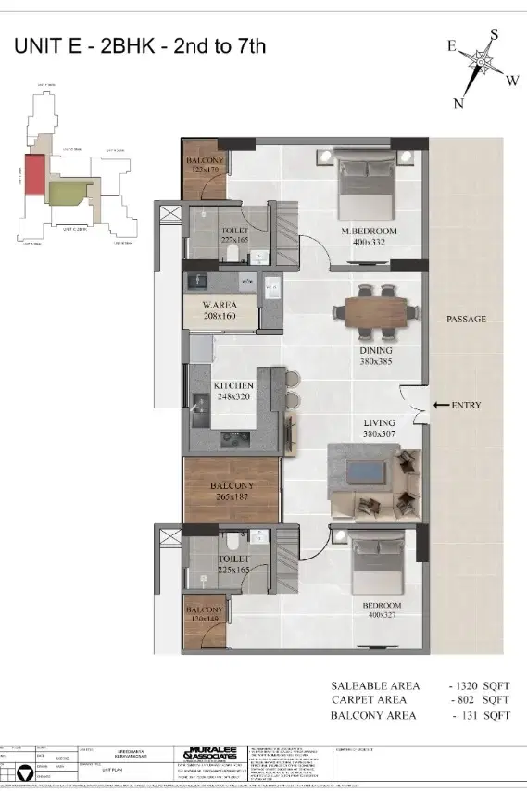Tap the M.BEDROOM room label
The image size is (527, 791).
point(369,230)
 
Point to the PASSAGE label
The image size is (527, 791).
point(466,319)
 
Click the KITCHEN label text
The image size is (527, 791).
point(233,384)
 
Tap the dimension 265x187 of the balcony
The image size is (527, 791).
point(232,497)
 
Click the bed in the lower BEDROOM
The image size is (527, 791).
point(368,561)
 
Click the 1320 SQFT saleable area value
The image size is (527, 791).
point(480,686)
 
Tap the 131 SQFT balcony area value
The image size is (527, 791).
point(483,716)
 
